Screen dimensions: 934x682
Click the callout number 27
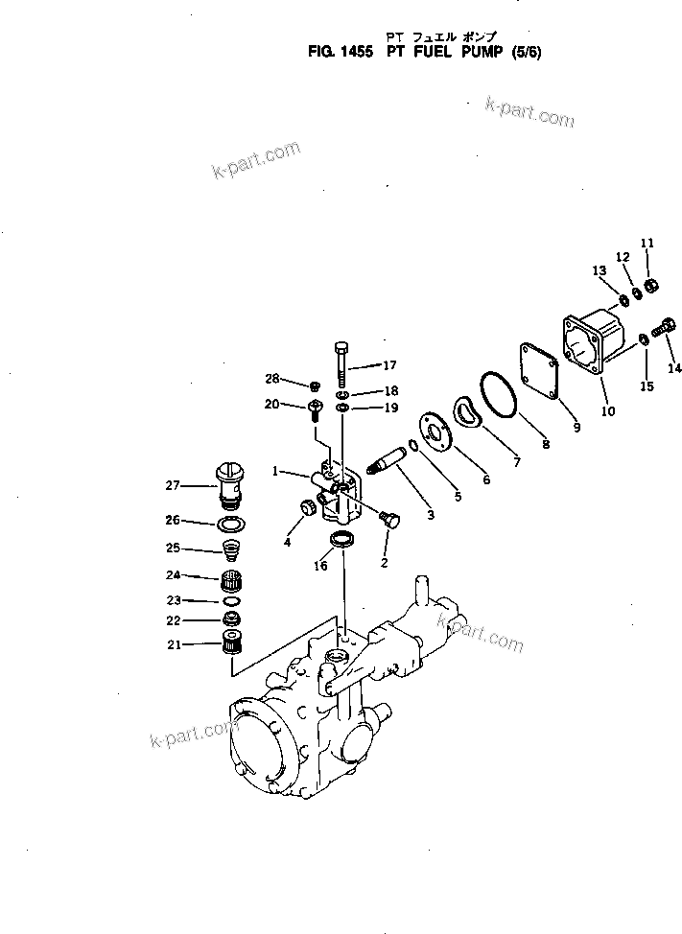[173, 486]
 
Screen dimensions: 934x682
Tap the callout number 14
[674, 368]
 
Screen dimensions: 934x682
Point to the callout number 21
[173, 644]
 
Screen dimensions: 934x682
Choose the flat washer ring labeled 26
[230, 524]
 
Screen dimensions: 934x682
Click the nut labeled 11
[650, 285]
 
